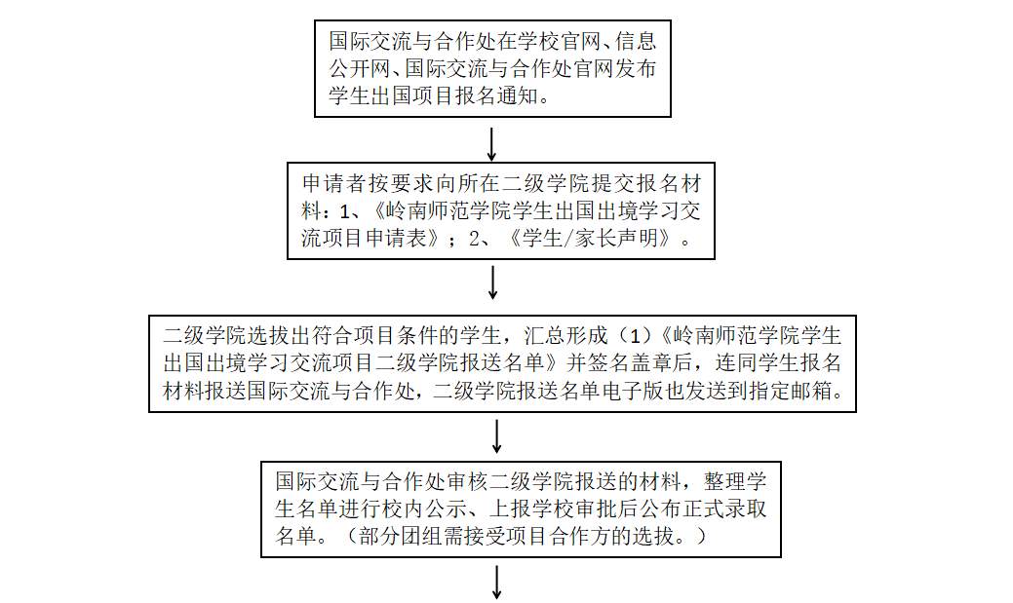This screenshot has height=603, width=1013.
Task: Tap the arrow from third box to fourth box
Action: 497,435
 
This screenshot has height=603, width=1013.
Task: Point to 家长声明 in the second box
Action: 623,238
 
